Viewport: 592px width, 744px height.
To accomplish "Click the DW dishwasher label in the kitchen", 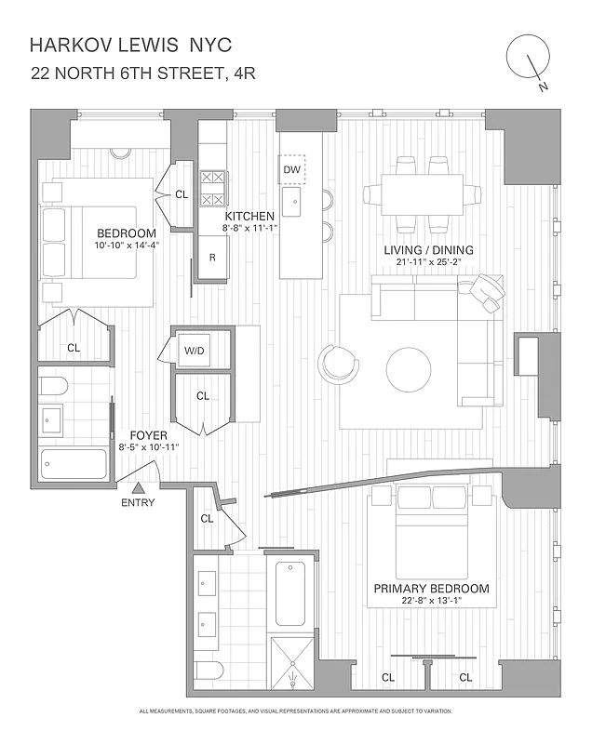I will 291,169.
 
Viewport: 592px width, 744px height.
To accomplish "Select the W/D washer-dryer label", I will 195,352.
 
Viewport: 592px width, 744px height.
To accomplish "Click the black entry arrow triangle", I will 138,487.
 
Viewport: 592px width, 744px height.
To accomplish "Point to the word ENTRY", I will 138,503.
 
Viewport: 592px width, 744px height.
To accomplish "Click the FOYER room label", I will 148,434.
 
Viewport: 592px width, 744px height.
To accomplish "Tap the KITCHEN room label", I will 243,216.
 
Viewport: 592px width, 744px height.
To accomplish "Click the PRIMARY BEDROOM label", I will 431,589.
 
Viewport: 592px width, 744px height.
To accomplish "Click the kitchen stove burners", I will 212,187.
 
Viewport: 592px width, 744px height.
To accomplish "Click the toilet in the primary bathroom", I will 210,671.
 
